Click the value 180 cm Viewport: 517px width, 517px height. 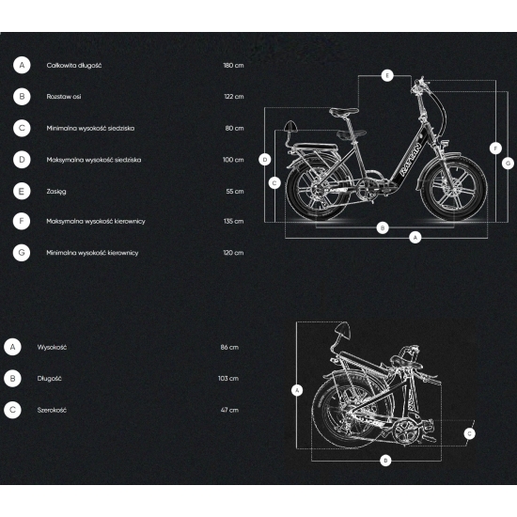coord(233,65)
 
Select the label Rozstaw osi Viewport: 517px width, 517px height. coord(64,97)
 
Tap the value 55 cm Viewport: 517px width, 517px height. coord(235,191)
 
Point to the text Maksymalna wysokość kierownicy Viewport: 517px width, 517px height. coord(96,221)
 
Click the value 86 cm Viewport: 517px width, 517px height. coord(229,347)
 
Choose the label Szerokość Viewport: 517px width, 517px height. coord(52,410)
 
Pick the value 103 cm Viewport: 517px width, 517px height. coord(228,379)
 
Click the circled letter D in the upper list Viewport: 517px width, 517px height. coord(22,160)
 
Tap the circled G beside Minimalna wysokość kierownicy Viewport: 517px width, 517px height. coord(22,253)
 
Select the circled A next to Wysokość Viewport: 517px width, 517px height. coord(12,347)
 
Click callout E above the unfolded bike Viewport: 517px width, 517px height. coord(387,75)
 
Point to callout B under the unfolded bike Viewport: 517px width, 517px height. coord(383,227)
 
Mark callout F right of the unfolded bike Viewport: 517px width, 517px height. coord(495,149)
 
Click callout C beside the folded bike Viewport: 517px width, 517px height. coord(469,433)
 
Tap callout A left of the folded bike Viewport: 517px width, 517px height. coord(297,391)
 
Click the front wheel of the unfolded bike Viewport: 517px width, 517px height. coord(453,189)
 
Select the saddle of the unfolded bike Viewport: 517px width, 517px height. coord(344,112)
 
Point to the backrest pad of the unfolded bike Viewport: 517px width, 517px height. coord(290,126)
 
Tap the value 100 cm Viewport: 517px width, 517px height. coord(233,160)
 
